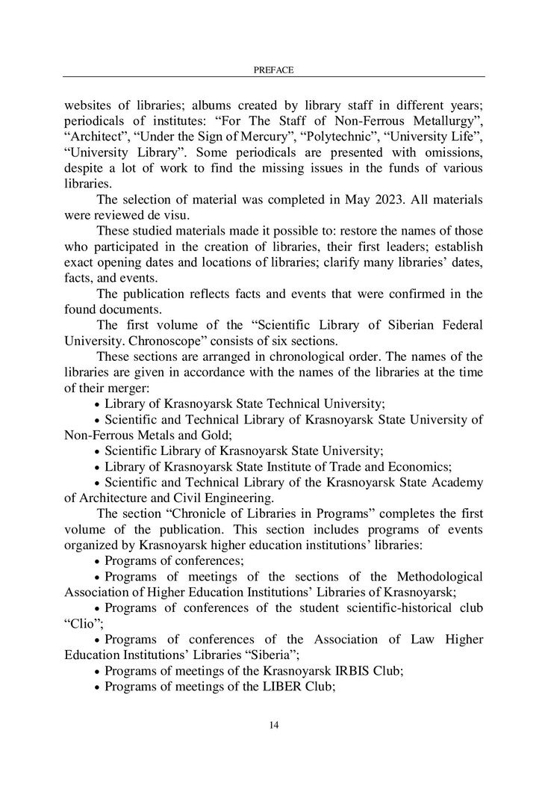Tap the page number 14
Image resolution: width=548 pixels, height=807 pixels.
273,724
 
